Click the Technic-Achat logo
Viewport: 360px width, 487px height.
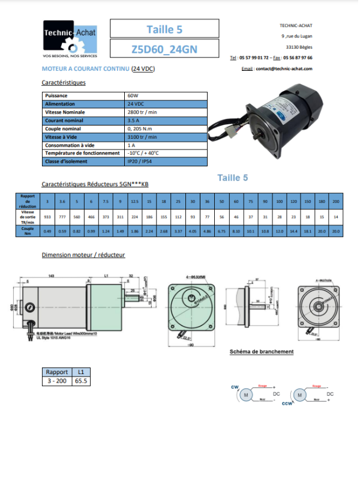[x=70, y=39]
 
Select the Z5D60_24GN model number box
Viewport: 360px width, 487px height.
[x=164, y=49]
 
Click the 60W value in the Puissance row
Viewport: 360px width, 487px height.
[x=133, y=95]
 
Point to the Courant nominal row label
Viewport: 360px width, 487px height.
[x=63, y=120]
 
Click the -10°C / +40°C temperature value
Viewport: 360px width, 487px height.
[x=143, y=153]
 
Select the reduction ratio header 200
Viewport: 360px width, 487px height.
[x=335, y=201]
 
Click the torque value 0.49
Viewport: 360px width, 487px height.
[x=47, y=231]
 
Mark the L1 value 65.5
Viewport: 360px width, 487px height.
[x=81, y=381]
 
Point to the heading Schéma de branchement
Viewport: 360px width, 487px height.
[x=262, y=351]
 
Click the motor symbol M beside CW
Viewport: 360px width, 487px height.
[x=245, y=395]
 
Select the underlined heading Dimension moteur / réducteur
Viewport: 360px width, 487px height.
[x=83, y=255]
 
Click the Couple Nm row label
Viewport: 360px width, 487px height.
[x=28, y=231]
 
